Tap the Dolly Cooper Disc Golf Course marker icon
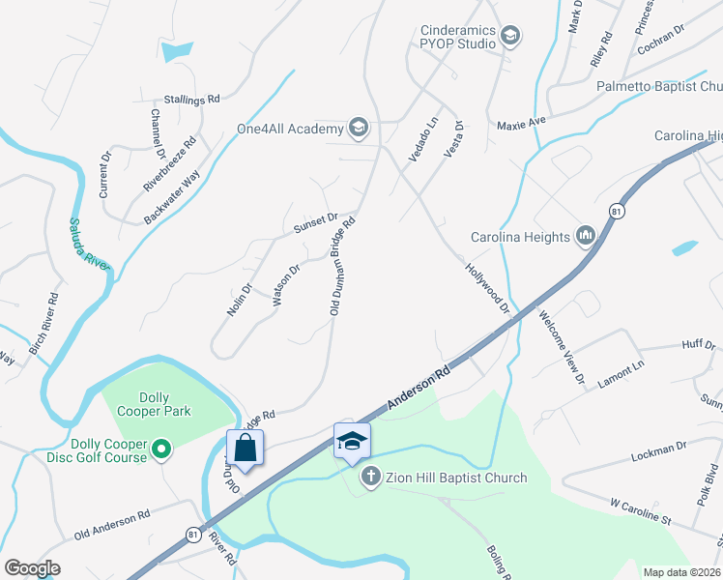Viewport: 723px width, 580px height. pos(162,449)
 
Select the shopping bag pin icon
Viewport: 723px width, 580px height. pos(245,448)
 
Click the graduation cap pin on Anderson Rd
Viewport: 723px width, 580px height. pos(352,442)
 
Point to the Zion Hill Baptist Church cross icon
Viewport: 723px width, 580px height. pos(370,477)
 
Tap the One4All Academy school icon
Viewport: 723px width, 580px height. pos(358,129)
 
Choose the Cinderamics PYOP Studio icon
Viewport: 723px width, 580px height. pos(510,37)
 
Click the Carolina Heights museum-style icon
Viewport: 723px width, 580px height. pos(584,236)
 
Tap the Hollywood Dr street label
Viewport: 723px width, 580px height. pos(486,287)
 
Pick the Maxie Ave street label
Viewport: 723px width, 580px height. pos(522,123)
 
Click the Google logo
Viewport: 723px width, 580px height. pos(32,568)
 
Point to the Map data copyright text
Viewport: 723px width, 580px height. pos(680,572)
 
